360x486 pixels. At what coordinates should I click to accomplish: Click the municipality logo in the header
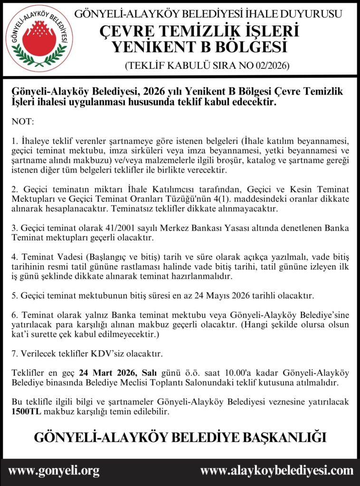39,38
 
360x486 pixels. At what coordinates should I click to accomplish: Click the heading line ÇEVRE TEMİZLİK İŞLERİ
199,31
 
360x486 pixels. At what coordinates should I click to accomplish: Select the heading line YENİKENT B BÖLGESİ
199,47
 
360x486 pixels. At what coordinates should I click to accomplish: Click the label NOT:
22,122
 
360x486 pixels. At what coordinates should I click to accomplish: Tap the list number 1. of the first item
14,141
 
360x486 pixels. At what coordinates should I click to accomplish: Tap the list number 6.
14,315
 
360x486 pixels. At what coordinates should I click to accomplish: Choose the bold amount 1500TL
27,411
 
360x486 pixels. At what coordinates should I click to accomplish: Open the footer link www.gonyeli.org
54,471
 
